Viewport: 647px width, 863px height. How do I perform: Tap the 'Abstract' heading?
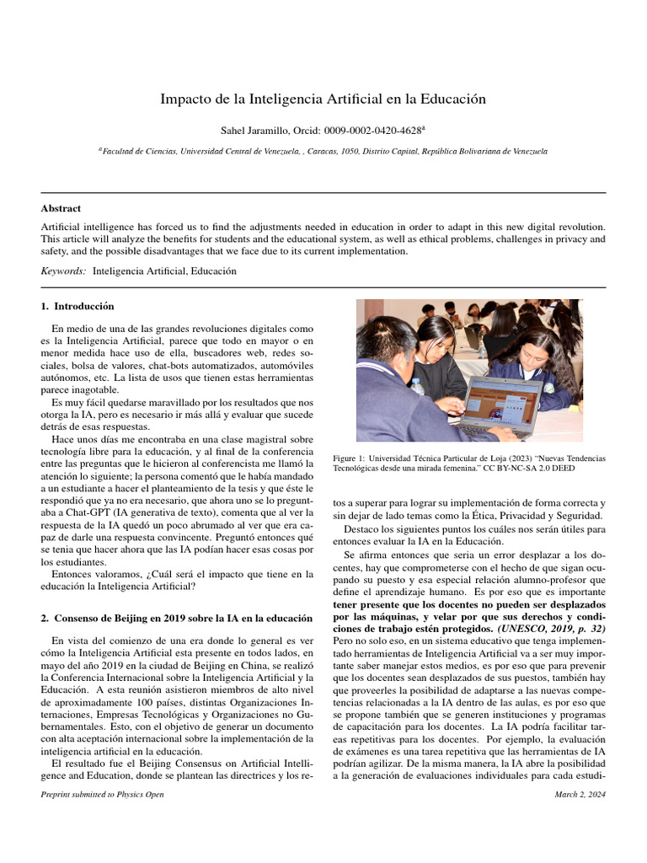[x=61, y=208]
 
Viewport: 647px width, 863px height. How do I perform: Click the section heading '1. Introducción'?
[x=78, y=306]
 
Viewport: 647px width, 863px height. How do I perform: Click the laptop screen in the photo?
[x=502, y=400]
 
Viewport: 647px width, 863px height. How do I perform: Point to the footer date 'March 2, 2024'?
[x=580, y=795]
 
